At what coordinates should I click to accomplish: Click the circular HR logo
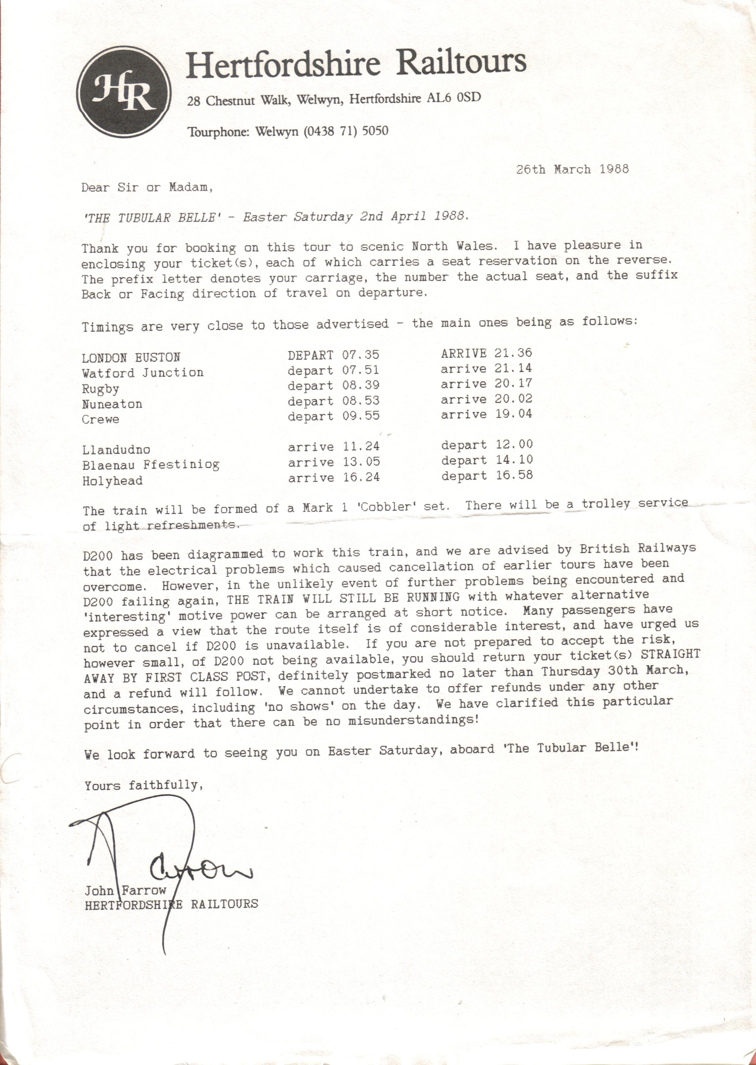[x=124, y=92]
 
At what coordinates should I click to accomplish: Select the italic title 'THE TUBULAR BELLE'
[x=149, y=217]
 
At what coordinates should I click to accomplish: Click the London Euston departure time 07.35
[x=361, y=355]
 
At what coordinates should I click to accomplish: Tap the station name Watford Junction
[x=143, y=373]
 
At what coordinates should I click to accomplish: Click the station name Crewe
[x=101, y=419]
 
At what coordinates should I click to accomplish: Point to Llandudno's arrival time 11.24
[x=361, y=447]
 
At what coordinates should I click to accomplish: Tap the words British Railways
[x=638, y=548]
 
